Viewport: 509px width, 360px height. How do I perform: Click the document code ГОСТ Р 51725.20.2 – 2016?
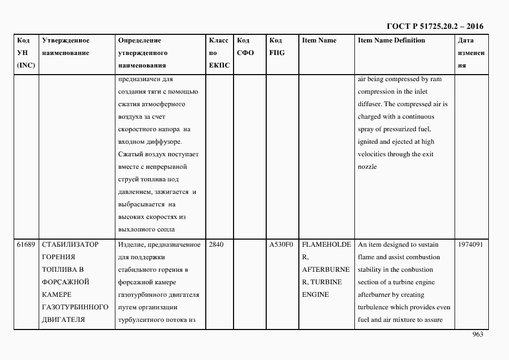click(434, 26)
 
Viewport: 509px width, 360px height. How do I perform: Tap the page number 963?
click(477, 334)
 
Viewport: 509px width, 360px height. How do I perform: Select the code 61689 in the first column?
click(27, 245)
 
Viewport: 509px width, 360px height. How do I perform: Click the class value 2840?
click(216, 245)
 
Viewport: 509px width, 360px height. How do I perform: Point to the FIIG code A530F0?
click(281, 245)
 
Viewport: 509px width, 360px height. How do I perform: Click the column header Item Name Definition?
click(391, 40)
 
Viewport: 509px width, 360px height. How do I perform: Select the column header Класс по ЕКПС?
click(219, 53)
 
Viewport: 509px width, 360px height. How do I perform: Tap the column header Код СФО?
click(246, 46)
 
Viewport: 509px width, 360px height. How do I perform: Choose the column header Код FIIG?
click(277, 46)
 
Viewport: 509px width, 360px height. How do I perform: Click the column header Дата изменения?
click(471, 53)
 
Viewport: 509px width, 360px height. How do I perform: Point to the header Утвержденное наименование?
click(66, 46)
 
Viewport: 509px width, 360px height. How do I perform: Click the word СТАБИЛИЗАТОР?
click(70, 245)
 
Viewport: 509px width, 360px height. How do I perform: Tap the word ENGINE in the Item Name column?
click(315, 295)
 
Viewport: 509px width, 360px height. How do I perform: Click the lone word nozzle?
click(367, 167)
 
